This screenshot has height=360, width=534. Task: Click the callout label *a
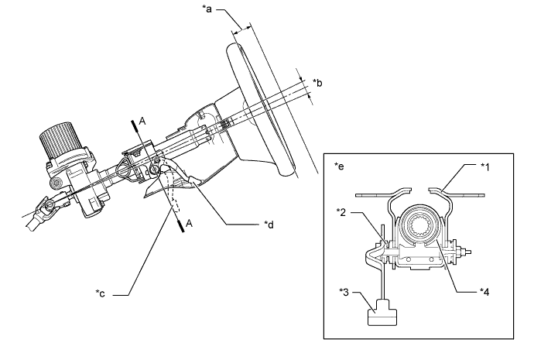207,9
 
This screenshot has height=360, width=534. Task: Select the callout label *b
317,83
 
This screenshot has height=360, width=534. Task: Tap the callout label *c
100,293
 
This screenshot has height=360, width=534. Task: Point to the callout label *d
269,225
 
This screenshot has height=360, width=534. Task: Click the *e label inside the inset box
339,166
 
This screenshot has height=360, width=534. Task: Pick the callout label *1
484,166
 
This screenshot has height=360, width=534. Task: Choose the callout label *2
341,213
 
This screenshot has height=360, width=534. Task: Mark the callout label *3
344,292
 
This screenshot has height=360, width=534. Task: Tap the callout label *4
484,292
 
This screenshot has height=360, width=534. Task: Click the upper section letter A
142,121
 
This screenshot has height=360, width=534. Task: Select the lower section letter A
189,224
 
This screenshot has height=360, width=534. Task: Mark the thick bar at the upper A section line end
134,125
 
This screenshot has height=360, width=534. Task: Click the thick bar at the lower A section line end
182,227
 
